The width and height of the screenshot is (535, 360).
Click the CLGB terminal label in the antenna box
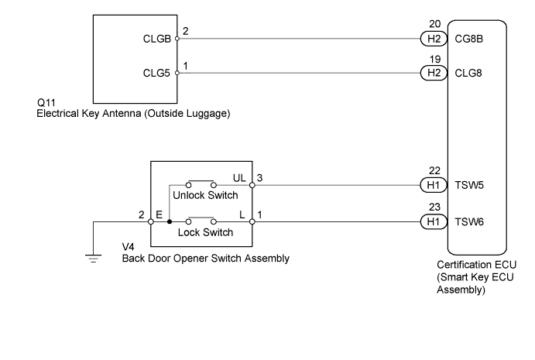coord(156,39)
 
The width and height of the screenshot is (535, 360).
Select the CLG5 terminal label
coord(156,73)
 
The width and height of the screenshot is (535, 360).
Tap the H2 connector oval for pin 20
coord(434,39)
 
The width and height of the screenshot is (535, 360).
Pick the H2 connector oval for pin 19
coord(434,73)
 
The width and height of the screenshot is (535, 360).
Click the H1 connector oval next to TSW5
coord(434,185)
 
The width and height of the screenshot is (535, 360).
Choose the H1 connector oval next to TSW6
coord(434,221)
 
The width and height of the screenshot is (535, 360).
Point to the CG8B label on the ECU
coord(469,39)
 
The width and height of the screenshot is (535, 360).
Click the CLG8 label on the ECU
coord(468,73)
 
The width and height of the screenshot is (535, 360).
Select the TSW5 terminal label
coord(469,185)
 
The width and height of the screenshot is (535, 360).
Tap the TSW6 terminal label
coord(469,222)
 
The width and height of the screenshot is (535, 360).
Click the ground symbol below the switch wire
coord(93,259)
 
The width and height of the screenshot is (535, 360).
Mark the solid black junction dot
coord(170,221)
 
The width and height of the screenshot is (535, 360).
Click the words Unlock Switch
coord(205,195)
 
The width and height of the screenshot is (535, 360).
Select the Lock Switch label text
coord(205,232)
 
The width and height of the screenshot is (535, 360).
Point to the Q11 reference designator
coord(46,103)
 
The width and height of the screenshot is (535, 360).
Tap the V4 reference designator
coord(129,247)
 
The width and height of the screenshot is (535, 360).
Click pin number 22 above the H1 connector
coord(434,170)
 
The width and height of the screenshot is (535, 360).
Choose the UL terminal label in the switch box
coord(239,178)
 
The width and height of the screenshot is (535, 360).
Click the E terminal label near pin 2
coord(159,214)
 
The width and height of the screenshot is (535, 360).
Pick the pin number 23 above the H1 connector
coord(434,207)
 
